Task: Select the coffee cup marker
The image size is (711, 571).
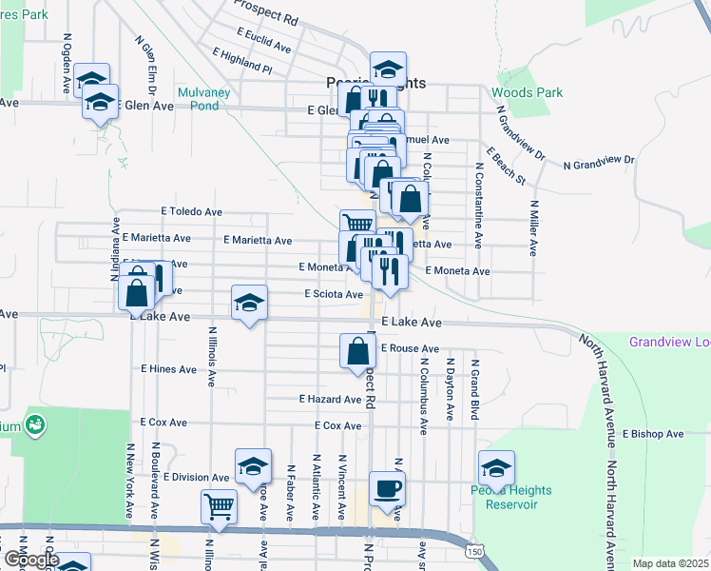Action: tap(387, 488)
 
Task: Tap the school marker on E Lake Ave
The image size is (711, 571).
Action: tap(250, 305)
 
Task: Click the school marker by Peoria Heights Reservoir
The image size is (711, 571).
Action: tap(496, 467)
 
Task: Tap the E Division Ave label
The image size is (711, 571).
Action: tap(196, 478)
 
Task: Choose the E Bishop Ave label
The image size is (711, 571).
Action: tap(653, 434)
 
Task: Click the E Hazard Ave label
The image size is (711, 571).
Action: tap(330, 400)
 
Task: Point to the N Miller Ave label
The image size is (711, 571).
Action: tap(533, 227)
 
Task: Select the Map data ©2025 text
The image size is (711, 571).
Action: tap(669, 563)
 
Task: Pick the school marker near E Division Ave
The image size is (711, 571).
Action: tap(253, 466)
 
